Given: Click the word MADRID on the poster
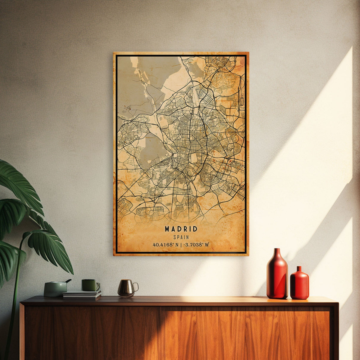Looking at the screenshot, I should tap(181, 229).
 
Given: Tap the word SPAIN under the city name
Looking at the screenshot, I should tap(181, 237).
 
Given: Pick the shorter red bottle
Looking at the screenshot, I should tap(300, 283).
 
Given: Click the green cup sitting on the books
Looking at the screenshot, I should tap(90, 285).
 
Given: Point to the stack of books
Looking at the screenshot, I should tap(82, 294).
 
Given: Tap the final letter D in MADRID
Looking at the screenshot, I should tap(195, 229).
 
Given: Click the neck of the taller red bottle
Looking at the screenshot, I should tap(277, 253).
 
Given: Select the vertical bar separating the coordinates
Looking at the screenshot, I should tap(181, 245).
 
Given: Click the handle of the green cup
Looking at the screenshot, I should tap(98, 286).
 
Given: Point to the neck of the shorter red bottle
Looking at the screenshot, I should tap(299, 269).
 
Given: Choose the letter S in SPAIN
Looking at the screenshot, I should tap(175, 237).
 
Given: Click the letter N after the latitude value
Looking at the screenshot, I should tap(177, 245).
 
